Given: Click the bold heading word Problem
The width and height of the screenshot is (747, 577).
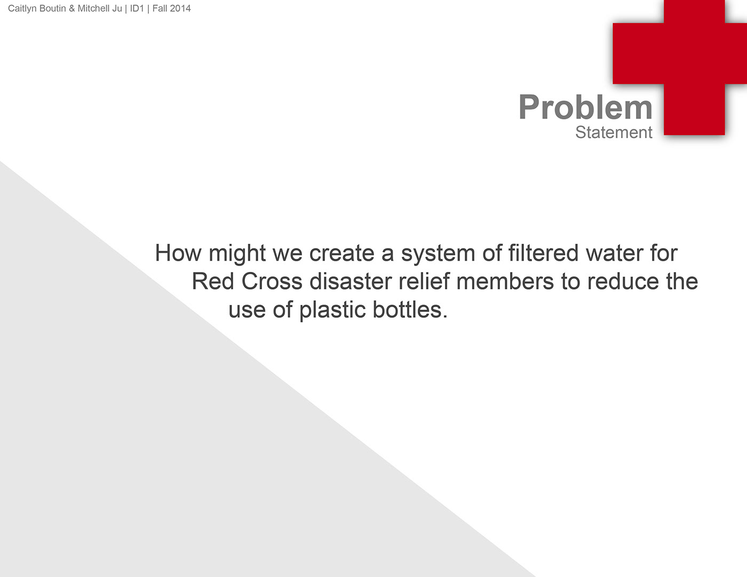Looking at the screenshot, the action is point(585,107).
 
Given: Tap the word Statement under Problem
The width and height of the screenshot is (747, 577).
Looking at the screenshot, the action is point(614,132).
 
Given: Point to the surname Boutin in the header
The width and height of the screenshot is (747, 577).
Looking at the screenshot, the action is point(52,8).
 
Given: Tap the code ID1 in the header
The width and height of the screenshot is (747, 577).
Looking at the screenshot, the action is point(137,8).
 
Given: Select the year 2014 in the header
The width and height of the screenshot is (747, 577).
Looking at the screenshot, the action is point(180,8).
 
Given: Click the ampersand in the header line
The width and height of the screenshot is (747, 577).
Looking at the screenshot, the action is point(72,8).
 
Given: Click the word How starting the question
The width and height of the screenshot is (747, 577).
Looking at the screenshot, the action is point(178,253).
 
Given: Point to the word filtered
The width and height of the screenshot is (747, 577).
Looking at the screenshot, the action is point(543,253).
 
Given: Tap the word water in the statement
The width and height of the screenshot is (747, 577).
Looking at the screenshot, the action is point(614,253).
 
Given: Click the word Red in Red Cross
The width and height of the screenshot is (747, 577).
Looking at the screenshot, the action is point(213,281).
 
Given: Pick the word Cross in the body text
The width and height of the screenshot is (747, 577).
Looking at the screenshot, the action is point(272,281).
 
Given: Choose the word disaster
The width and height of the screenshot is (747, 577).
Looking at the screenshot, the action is point(351,281).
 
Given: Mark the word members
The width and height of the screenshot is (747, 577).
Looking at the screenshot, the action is point(505,281).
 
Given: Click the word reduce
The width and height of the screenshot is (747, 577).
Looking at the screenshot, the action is point(623,281).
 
